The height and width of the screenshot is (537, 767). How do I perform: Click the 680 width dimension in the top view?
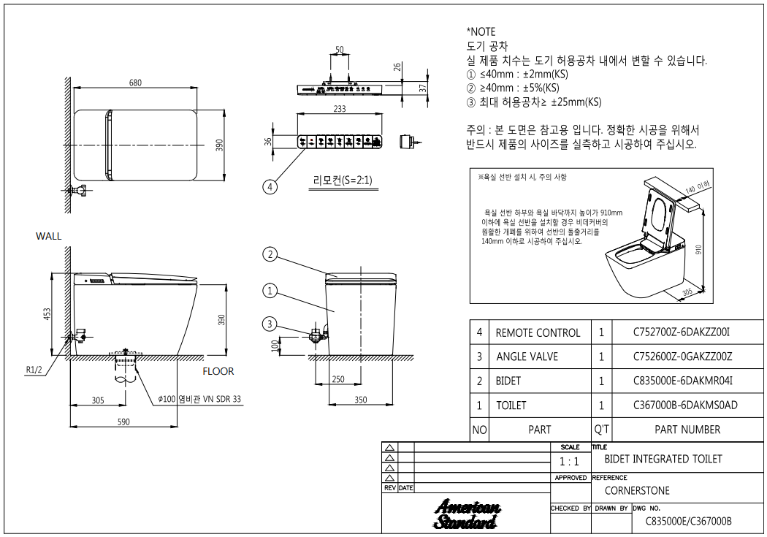135,83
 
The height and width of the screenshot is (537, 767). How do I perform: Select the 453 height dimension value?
47,314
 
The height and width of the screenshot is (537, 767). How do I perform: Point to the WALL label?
49,236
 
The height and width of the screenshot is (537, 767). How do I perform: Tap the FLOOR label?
218,371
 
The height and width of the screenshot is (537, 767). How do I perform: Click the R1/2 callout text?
34,370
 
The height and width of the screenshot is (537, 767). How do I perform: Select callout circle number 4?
270,187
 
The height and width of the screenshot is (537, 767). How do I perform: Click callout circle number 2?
270,254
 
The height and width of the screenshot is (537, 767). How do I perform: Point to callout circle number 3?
270,324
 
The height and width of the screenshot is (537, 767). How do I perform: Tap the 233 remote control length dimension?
339,108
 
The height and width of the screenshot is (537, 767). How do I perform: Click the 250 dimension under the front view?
337,380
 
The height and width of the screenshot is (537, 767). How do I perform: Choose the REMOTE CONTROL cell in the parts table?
538,332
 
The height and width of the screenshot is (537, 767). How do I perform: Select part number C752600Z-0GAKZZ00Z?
682,357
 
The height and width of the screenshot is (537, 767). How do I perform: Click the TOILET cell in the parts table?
511,405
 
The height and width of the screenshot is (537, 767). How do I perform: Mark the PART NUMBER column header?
687,430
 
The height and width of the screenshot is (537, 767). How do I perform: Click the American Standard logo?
466,514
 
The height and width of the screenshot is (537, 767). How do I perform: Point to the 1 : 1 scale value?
569,462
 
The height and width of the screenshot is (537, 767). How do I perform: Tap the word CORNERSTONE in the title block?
637,490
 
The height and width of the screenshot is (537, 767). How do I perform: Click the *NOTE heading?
481,31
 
